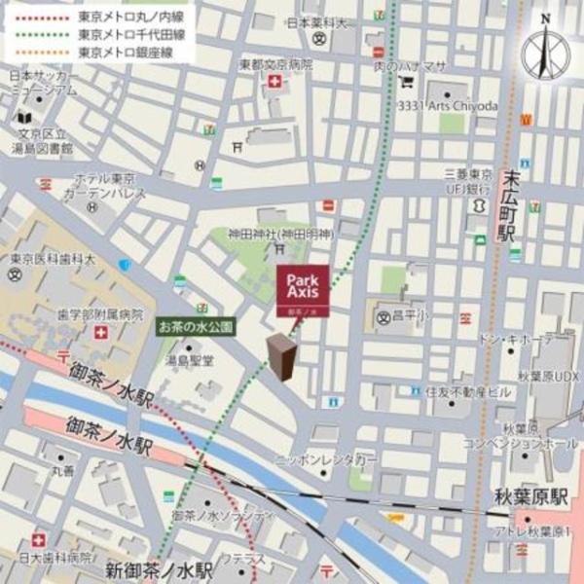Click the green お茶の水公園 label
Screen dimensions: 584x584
(x=197, y=328)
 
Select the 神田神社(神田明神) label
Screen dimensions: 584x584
(x=280, y=235)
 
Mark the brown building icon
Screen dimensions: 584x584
(x=282, y=357)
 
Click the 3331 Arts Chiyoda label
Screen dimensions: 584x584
(x=449, y=105)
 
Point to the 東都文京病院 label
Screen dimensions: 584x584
(x=276, y=64)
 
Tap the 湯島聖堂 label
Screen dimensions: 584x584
(x=189, y=360)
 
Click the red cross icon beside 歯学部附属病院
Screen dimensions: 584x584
(x=101, y=333)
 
